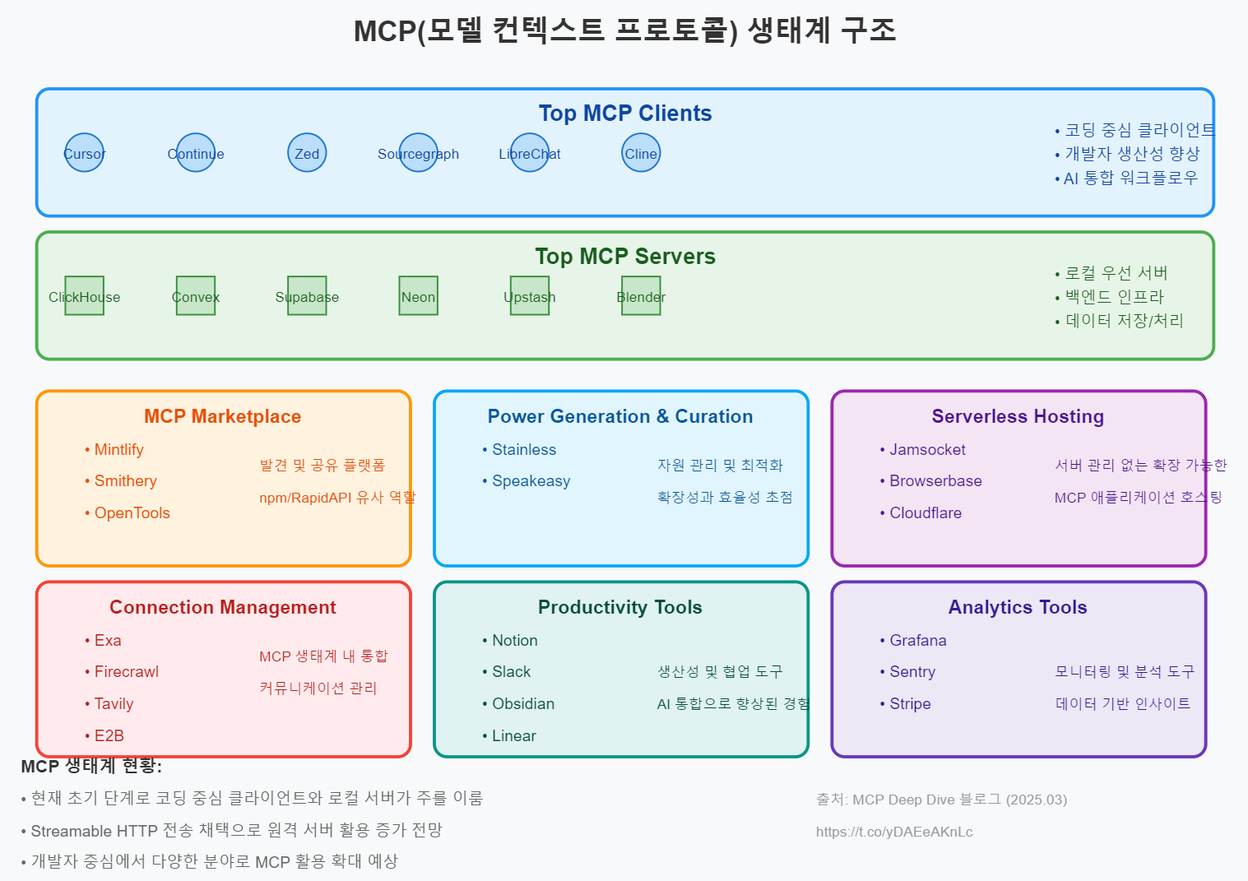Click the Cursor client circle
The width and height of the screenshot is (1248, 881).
point(85,153)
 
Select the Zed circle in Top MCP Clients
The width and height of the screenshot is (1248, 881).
point(307,153)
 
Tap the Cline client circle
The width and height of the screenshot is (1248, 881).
point(641,153)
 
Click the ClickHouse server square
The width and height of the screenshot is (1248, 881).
point(85,296)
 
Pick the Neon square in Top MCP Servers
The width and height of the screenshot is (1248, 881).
point(418,296)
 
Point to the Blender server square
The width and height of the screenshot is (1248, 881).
point(641,296)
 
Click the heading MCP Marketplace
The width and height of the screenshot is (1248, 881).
point(222,416)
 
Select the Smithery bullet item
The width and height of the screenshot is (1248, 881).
point(125,481)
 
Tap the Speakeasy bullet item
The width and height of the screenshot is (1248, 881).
point(531,481)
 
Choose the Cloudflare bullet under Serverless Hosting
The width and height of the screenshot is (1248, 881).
point(925,513)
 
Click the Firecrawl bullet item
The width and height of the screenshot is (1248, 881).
point(126,672)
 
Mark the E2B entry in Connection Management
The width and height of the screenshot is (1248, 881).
point(109,736)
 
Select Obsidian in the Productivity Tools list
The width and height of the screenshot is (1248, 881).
point(522,704)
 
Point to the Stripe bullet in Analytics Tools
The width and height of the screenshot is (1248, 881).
point(910,704)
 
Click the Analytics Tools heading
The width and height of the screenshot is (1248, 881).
point(1018,607)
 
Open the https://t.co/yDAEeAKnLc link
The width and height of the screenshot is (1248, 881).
point(894,832)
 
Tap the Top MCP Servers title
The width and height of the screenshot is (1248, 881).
point(625,257)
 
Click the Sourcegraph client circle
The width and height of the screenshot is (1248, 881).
point(418,153)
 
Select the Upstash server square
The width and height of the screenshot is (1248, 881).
point(530,296)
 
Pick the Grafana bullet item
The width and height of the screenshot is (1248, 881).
point(917,641)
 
